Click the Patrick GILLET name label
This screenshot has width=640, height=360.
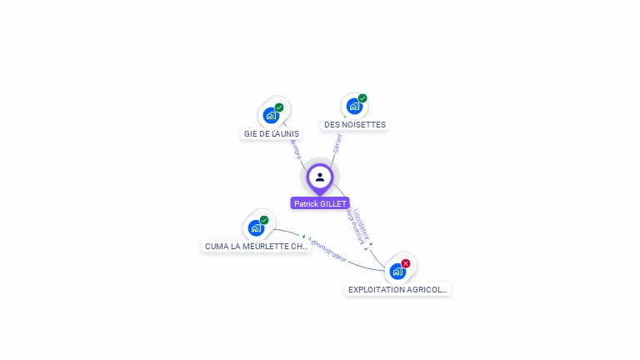point(320,203)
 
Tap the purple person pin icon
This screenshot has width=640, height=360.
point(320,177)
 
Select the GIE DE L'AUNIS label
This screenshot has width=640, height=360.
point(272,133)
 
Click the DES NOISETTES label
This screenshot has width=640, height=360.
point(355,125)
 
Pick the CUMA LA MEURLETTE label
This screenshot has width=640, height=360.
point(257,247)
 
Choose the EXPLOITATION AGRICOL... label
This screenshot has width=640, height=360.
point(398,290)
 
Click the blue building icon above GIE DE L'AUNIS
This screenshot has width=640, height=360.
point(271,115)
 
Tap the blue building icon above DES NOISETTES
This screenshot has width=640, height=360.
point(354,106)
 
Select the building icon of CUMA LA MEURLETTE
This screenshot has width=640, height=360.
point(256,227)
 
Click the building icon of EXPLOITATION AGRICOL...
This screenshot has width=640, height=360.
point(397,271)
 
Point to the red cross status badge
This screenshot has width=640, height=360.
point(406,263)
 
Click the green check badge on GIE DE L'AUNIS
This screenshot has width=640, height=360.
point(279,107)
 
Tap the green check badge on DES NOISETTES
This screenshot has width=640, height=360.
point(362,98)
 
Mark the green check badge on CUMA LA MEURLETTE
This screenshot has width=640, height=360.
point(264,220)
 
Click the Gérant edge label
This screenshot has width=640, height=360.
point(337,143)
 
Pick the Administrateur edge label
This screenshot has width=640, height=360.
point(326,248)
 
